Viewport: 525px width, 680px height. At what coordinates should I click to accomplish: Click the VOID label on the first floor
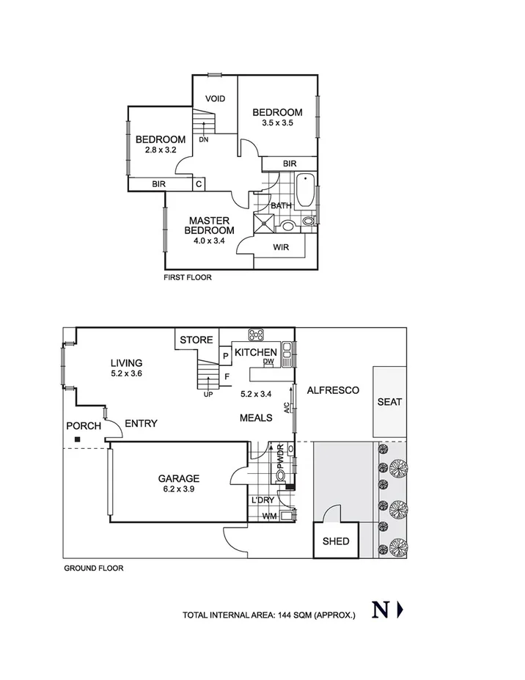click(x=215, y=99)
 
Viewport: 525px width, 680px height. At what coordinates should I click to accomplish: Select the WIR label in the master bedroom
click(x=281, y=248)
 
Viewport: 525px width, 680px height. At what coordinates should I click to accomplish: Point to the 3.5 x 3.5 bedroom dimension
click(x=277, y=123)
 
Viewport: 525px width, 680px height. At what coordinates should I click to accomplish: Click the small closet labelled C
click(x=199, y=184)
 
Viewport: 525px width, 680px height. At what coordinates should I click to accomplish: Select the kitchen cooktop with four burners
click(x=257, y=336)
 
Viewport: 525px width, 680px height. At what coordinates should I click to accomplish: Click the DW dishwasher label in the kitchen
click(x=268, y=362)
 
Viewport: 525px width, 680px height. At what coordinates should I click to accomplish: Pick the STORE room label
click(x=197, y=340)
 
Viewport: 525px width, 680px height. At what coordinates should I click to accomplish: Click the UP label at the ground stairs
click(x=209, y=395)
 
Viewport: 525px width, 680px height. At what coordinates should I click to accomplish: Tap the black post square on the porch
click(x=76, y=440)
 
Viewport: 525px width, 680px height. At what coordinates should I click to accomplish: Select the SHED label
click(x=336, y=542)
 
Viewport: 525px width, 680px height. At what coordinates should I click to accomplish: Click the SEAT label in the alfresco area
click(x=389, y=402)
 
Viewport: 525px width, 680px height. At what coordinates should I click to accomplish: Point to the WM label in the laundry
click(x=270, y=516)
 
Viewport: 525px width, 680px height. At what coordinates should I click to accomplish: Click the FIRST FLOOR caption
click(x=188, y=279)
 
